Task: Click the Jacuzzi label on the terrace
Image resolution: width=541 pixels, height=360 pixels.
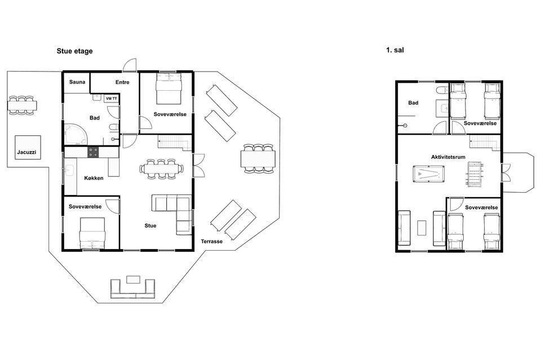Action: pyautogui.click(x=26, y=152)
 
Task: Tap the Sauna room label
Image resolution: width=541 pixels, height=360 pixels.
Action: pyautogui.click(x=77, y=82)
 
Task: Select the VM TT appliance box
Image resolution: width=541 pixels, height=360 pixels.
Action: pyautogui.click(x=112, y=99)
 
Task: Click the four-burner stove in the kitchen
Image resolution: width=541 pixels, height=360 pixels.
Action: pyautogui.click(x=93, y=152)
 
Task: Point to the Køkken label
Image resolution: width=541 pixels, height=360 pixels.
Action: pyautogui.click(x=94, y=178)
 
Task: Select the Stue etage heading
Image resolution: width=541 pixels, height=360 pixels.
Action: pyautogui.click(x=74, y=51)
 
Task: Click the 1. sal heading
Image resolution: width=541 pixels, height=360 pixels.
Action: pyautogui.click(x=394, y=50)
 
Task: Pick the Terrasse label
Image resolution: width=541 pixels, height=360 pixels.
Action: pyautogui.click(x=212, y=241)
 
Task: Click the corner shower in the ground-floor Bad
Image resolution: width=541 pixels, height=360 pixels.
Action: pyautogui.click(x=76, y=134)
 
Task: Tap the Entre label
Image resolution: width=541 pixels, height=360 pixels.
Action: pyautogui.click(x=122, y=82)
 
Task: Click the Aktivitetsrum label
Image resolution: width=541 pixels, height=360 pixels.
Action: pyautogui.click(x=448, y=157)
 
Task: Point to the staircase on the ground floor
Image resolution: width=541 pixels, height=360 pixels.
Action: pyautogui.click(x=174, y=143)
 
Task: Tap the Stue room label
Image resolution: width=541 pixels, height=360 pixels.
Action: pyautogui.click(x=150, y=225)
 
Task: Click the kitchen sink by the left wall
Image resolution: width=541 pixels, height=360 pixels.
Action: pyautogui.click(x=70, y=170)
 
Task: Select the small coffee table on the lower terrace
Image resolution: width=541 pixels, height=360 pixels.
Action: pyautogui.click(x=133, y=279)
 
